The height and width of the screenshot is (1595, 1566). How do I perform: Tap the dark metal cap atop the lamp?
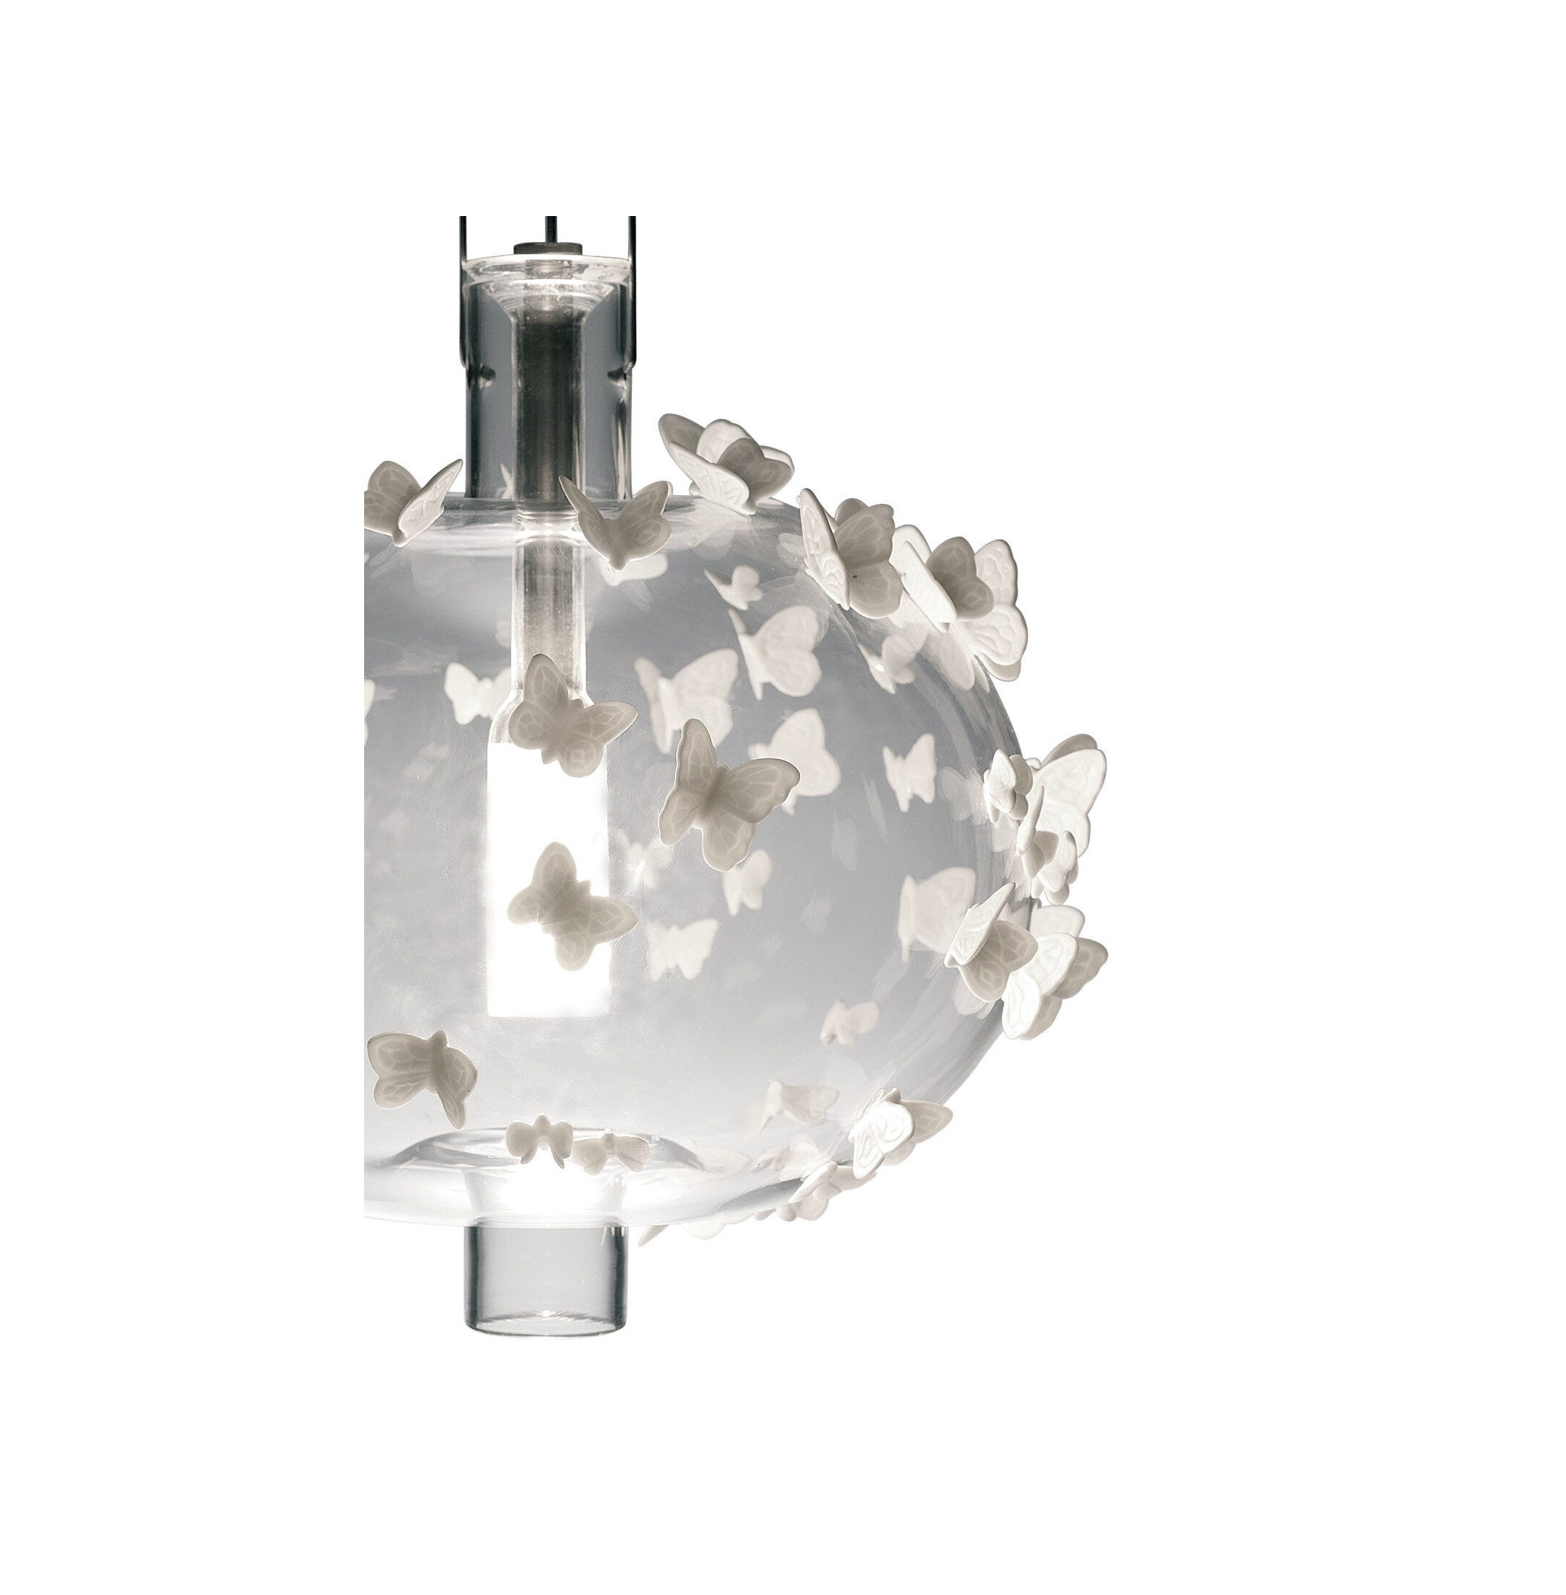[546, 246]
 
